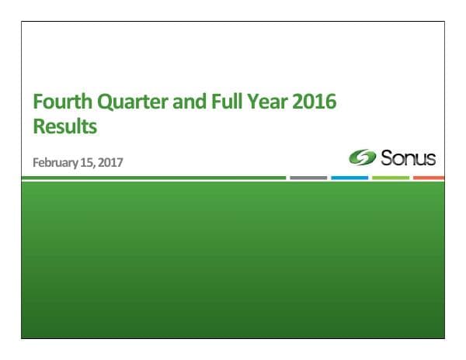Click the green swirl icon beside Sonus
pyautogui.click(x=361, y=159)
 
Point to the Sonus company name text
pyautogui.click(x=407, y=159)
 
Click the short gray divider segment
pyautogui.click(x=308, y=178)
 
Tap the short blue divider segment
pyautogui.click(x=349, y=178)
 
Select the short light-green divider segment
pyautogui.click(x=391, y=178)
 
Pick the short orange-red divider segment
pyautogui.click(x=429, y=178)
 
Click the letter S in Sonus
pyautogui.click(x=385, y=159)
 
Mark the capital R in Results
pyautogui.click(x=37, y=125)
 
